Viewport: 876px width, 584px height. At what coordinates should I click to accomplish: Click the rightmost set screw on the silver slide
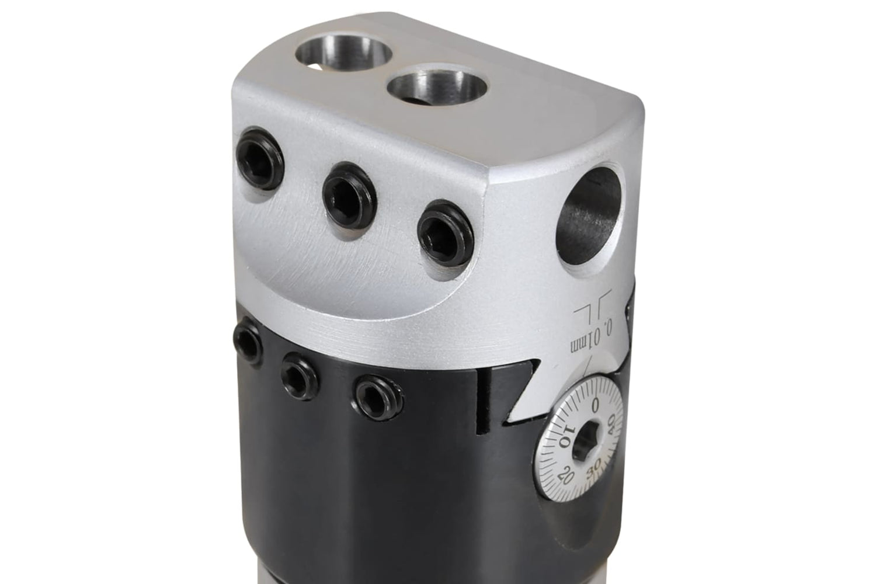(x=446, y=234)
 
